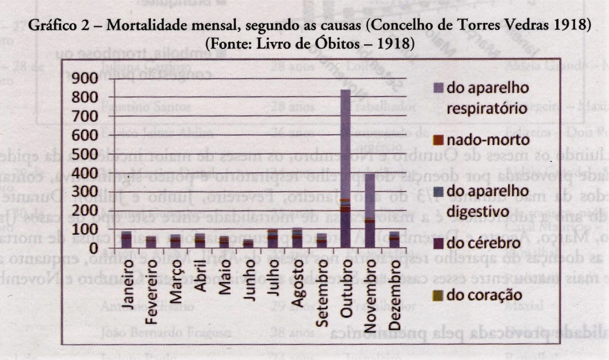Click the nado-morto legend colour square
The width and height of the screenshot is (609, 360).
(x=438, y=140)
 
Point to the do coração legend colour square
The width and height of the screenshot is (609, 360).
(x=438, y=295)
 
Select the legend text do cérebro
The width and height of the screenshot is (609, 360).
(x=483, y=243)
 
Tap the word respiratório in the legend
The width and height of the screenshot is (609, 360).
(x=487, y=108)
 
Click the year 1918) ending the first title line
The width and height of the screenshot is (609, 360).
(x=572, y=25)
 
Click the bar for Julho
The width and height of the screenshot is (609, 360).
(x=273, y=239)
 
